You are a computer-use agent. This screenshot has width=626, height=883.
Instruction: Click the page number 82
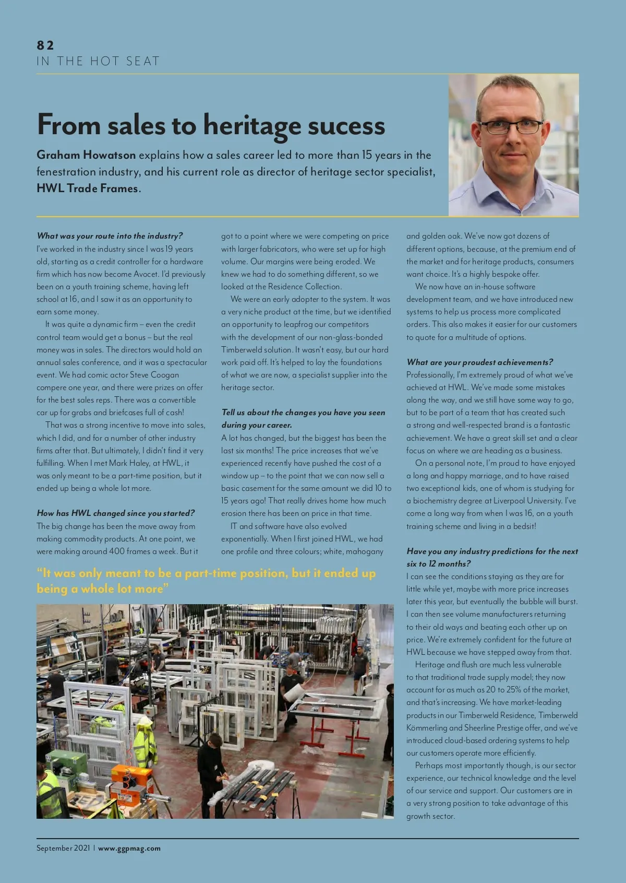[45, 45]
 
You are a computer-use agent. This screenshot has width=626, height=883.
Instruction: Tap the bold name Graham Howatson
[86, 155]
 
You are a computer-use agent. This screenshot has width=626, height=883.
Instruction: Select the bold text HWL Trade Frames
[88, 189]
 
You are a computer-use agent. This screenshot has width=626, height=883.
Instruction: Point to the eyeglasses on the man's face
[511, 126]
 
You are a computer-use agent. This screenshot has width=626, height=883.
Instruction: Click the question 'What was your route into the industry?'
[110, 236]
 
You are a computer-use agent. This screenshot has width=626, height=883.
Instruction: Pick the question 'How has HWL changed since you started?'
[115, 513]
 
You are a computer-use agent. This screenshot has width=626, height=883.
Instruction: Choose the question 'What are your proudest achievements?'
[479, 362]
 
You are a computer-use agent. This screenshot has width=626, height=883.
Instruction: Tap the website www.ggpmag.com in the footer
[129, 849]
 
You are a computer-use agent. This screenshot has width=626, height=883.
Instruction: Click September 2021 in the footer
[63, 849]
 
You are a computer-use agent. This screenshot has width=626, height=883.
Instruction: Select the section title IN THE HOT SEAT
[98, 61]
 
